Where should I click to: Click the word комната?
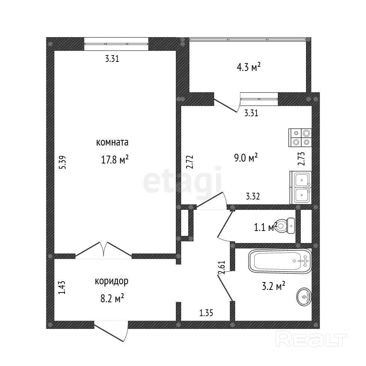[112, 142]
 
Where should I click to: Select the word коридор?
[112, 281]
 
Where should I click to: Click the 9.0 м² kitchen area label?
[246, 157]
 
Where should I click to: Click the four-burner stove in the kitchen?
[301, 138]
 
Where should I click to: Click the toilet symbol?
[287, 226]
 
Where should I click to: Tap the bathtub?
[279, 261]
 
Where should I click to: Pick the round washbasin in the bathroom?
[304, 297]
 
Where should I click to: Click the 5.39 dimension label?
[63, 162]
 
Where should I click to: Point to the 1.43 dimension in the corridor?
[63, 288]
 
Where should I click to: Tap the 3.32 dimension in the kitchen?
[253, 196]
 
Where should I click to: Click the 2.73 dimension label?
[300, 158]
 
